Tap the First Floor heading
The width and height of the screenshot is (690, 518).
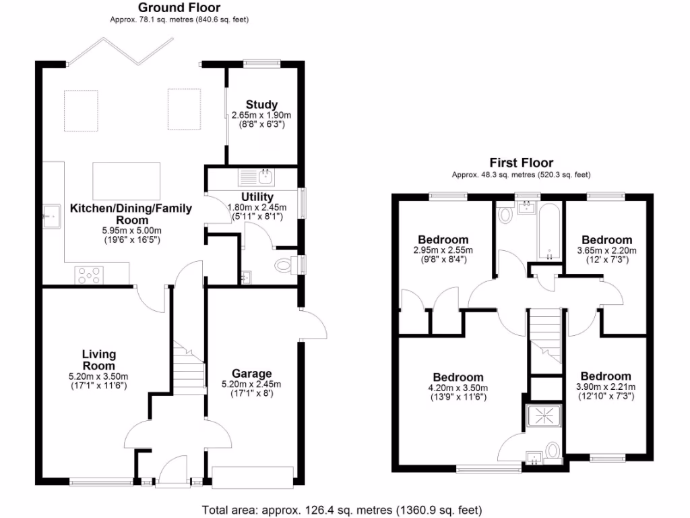521,163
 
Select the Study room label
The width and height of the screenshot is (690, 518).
261,105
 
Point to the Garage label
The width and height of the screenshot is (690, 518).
251,373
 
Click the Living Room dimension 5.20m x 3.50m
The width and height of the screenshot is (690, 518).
100,376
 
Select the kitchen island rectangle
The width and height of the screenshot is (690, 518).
127,181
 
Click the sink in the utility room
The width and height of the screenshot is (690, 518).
255,177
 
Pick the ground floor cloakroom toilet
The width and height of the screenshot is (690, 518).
284,265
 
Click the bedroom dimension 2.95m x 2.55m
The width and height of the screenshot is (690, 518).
443,250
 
